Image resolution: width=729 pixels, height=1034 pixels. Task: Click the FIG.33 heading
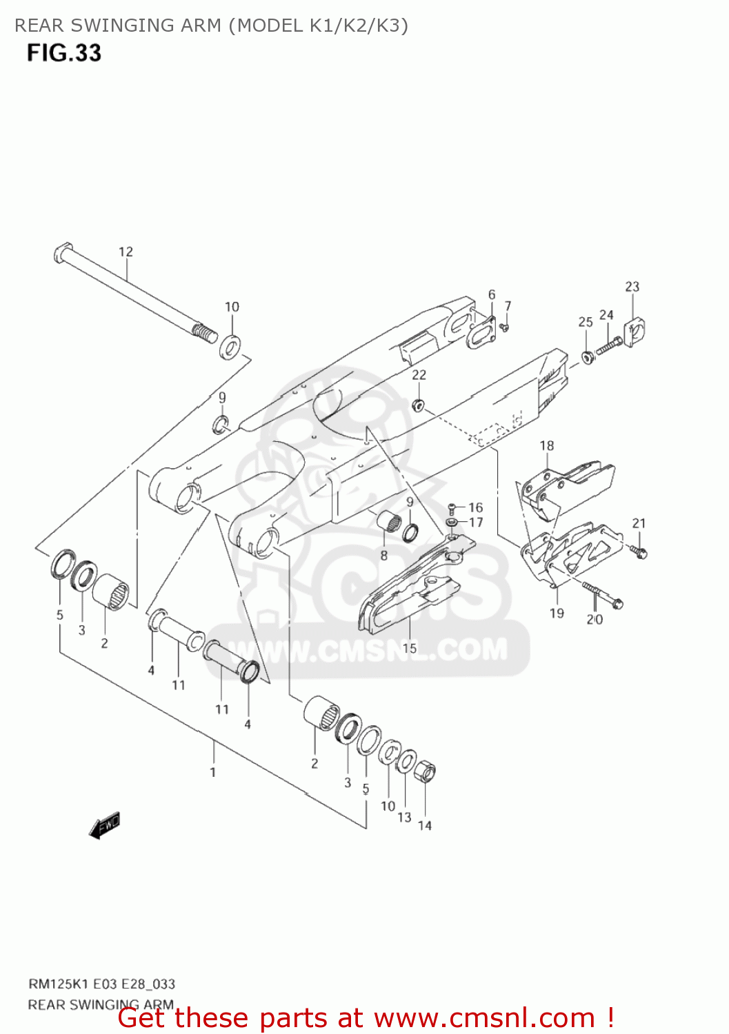click(64, 53)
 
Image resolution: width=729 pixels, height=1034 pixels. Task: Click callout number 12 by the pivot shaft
click(126, 252)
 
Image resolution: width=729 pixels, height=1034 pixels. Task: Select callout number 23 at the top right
click(632, 286)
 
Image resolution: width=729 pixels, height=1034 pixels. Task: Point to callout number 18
click(547, 445)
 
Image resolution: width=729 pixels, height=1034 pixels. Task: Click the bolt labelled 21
click(639, 551)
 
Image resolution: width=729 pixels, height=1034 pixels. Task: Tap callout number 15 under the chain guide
click(410, 648)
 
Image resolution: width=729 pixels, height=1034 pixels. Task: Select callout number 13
click(404, 817)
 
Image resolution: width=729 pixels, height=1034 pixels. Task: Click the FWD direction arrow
click(105, 825)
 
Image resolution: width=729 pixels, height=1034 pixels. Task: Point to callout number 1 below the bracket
click(213, 772)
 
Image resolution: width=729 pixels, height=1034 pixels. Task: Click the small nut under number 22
click(417, 405)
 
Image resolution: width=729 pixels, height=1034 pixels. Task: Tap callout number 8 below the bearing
click(384, 556)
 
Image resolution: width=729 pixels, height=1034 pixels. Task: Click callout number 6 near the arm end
click(492, 294)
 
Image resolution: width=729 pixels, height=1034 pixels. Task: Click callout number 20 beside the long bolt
click(595, 619)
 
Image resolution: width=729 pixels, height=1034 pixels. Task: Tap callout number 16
click(476, 507)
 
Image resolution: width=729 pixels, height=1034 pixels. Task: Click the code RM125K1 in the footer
click(55, 984)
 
